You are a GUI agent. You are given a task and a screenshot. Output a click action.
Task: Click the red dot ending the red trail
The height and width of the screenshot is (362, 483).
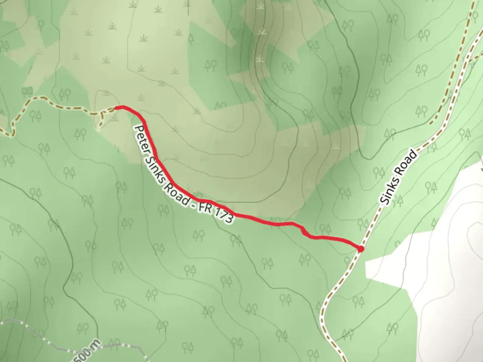[x=361, y=249]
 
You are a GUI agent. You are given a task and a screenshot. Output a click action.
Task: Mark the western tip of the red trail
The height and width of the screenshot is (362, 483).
[x=116, y=108]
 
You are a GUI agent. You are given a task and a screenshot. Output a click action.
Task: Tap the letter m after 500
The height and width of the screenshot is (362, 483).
[x=97, y=343]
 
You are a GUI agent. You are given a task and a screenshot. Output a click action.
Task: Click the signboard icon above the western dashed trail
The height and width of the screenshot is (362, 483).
[x=27, y=90]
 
